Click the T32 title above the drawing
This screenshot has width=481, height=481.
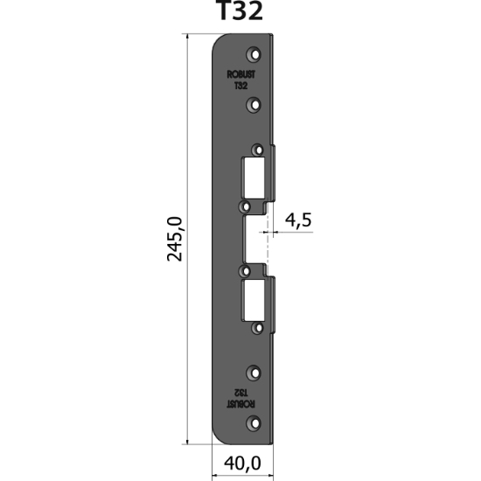[238, 11]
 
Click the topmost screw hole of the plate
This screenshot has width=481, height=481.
[254, 52]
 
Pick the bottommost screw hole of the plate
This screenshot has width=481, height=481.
[254, 423]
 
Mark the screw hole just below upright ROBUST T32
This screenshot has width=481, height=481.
[254, 105]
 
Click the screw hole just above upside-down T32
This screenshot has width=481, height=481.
[254, 371]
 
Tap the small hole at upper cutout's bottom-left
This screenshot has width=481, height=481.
[246, 207]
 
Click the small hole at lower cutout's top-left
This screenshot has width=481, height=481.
[246, 269]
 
